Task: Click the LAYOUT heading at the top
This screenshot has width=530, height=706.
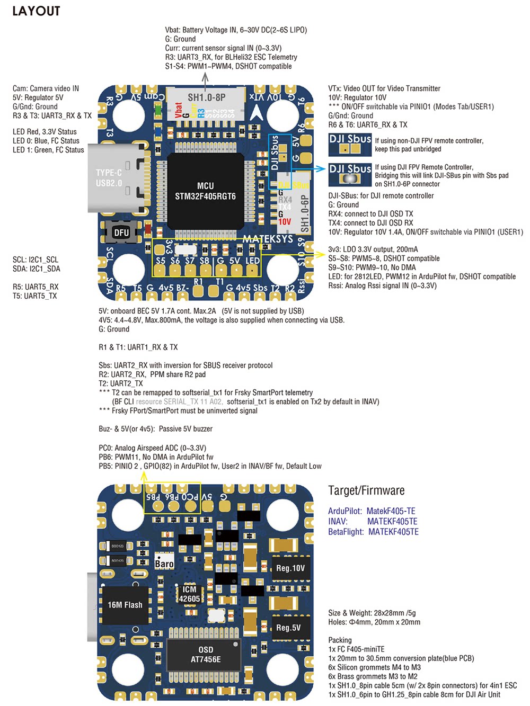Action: [36, 11]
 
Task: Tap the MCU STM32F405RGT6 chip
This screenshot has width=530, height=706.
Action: [205, 191]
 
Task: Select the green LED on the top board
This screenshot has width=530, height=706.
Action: [157, 110]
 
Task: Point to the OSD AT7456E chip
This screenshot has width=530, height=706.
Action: [206, 655]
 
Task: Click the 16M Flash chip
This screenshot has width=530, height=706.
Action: [125, 605]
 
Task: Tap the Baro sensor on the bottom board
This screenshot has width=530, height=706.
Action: [164, 563]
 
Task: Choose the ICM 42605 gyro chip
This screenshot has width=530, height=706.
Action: [189, 594]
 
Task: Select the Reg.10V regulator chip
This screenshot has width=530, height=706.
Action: [290, 568]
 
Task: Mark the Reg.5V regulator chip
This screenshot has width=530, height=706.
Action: [288, 628]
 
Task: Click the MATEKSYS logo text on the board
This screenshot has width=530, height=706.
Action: [268, 239]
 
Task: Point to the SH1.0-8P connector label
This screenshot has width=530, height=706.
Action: [206, 97]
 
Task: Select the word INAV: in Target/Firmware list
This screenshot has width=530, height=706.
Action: [338, 522]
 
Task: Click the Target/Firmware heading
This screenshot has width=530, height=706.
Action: [366, 490]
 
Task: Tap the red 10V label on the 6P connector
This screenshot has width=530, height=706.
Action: [285, 222]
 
